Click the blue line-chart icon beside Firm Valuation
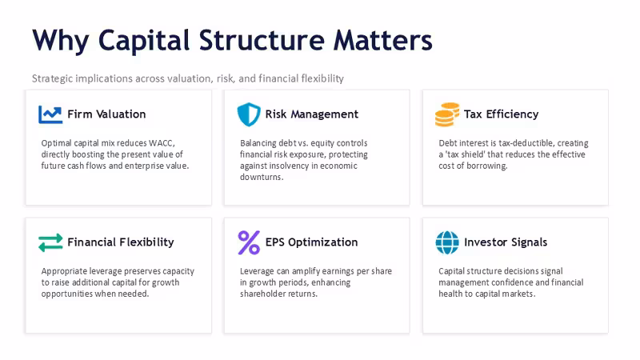50,114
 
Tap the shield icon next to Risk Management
249,114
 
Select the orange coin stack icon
447,114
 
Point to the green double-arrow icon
50,242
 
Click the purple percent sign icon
249,242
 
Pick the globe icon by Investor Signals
447,242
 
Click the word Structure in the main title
262,41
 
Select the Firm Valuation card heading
106,114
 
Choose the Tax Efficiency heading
502,114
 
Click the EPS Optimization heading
311,242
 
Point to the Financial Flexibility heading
121,242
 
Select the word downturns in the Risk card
262,177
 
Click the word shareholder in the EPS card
261,294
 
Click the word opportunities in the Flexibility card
67,294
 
